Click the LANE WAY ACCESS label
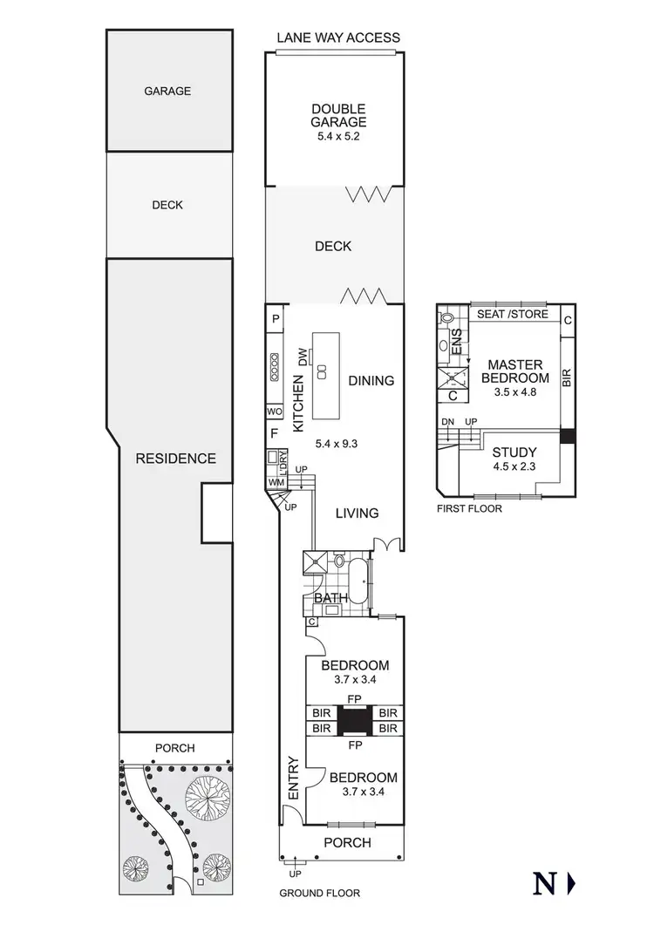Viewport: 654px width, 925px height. pos(338,37)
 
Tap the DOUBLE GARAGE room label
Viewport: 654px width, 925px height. pos(338,116)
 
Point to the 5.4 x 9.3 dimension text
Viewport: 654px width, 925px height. pos(337,443)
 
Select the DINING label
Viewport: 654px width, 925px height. pos(371,381)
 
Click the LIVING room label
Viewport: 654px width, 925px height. pos(358,513)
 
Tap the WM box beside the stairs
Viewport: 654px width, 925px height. pos(276,482)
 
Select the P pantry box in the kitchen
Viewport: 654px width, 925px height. pos(275,319)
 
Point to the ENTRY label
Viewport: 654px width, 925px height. pos(292,779)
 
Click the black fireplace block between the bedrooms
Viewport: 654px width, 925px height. pos(353,721)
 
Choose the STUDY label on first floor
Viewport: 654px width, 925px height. pos(514,452)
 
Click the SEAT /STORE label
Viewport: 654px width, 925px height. pos(512,314)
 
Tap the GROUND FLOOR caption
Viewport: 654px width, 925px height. pos(319,893)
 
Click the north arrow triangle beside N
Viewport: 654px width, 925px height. pos(572,884)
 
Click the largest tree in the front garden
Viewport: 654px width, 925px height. pos(208,795)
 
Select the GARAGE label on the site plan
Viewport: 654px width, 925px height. pos(168,90)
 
